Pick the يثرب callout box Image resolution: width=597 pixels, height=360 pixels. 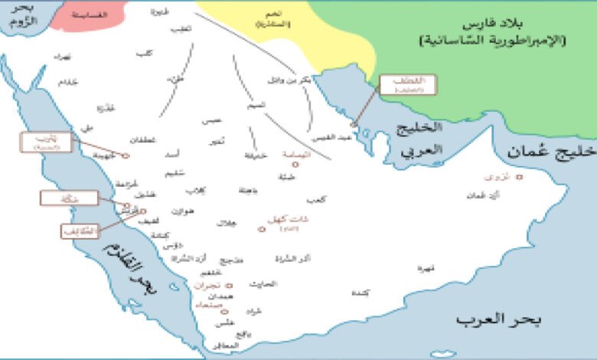coord(47,141)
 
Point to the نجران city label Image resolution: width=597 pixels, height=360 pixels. coord(207,285)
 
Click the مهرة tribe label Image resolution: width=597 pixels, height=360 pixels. coord(426,268)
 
